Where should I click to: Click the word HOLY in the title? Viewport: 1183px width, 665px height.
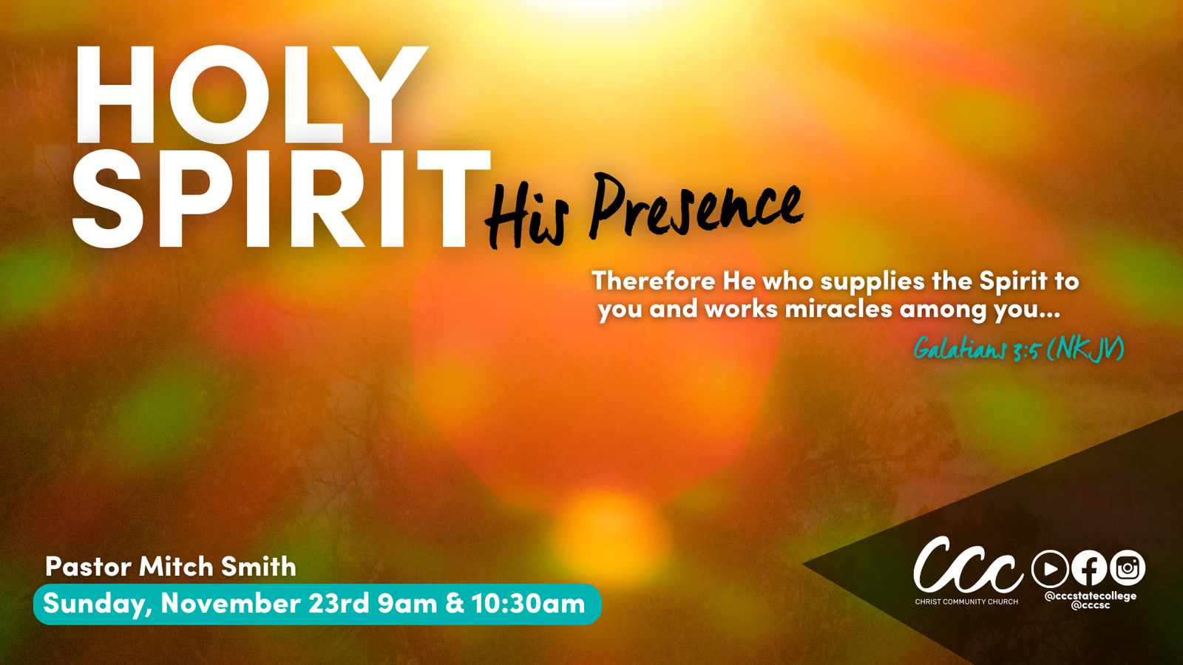pyautogui.click(x=251, y=95)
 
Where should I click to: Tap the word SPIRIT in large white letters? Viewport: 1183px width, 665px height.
pyautogui.click(x=282, y=199)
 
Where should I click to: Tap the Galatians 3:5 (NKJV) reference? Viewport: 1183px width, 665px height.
pyautogui.click(x=1019, y=349)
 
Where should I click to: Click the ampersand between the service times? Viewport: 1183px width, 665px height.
pyautogui.click(x=454, y=604)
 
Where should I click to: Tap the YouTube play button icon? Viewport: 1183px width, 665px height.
pyautogui.click(x=1050, y=568)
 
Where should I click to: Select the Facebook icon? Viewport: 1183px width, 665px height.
pyautogui.click(x=1089, y=568)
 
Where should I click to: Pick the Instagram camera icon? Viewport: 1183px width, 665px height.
pyautogui.click(x=1128, y=568)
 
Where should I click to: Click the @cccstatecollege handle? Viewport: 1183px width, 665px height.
pyautogui.click(x=1091, y=596)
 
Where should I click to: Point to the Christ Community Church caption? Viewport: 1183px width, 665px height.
pyautogui.click(x=966, y=601)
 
